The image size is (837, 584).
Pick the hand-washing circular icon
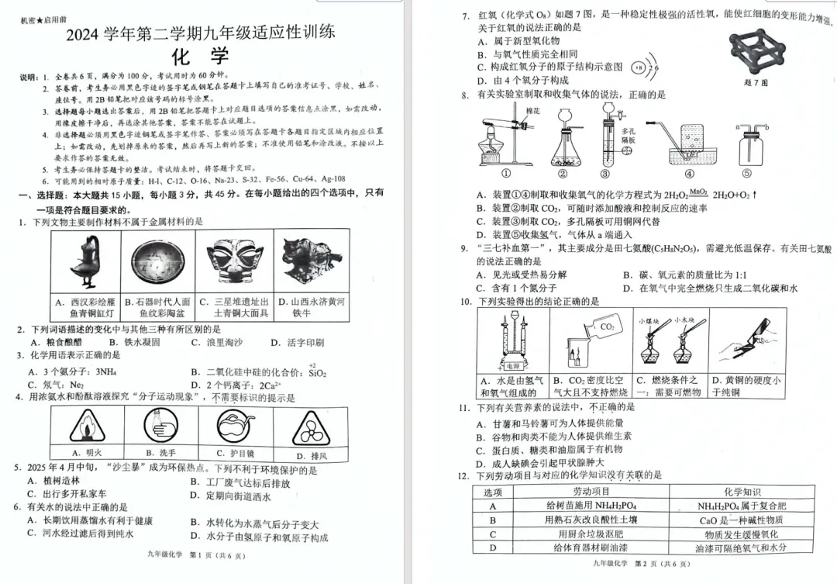pyautogui.click(x=160, y=425)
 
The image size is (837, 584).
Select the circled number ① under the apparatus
pyautogui.click(x=505, y=175)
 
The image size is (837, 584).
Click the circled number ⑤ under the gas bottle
pyautogui.click(x=747, y=175)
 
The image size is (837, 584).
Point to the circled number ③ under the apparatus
pyautogui.click(x=605, y=175)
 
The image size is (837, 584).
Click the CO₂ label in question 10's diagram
pyautogui.click(x=607, y=327)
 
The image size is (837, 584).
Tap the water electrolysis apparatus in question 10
pyautogui.click(x=512, y=341)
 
